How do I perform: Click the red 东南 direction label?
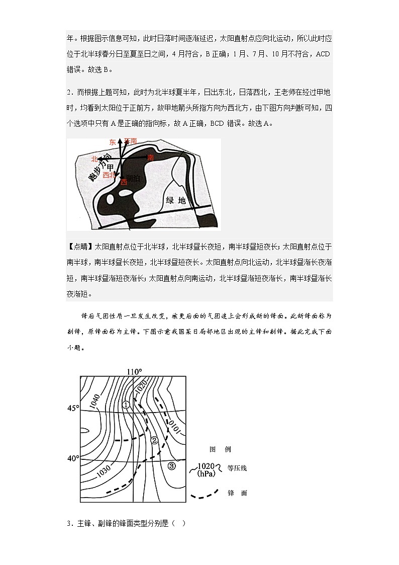130,142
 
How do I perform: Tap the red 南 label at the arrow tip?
150,157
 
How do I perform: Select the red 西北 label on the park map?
109,175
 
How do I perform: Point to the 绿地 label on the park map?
176,200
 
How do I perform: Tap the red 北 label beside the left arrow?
93,158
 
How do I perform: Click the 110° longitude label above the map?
134,372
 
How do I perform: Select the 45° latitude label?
74,409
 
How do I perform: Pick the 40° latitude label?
74,458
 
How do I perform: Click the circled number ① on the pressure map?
126,405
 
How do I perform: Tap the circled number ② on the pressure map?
154,440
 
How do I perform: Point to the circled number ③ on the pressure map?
172,466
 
